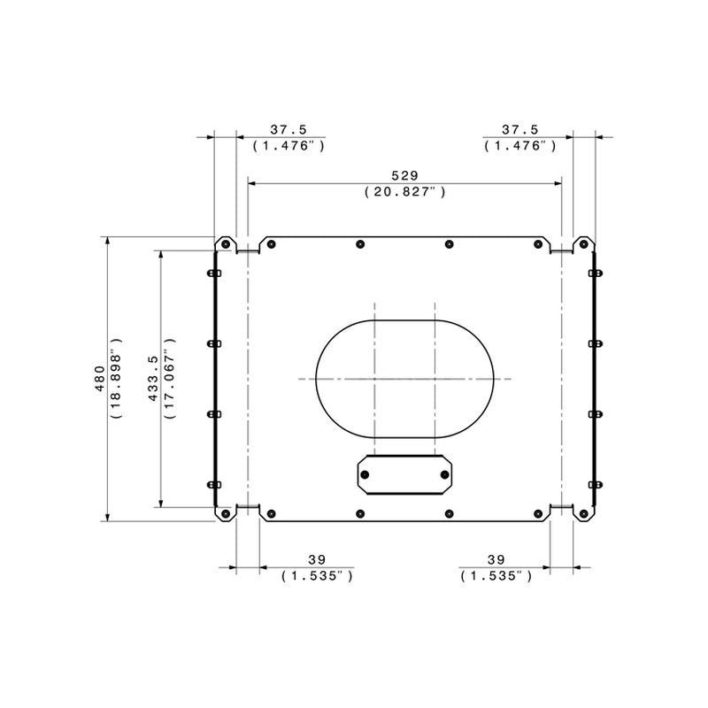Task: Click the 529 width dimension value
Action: coord(404,175)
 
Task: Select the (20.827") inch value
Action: coord(405,192)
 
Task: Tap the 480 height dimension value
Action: coord(100,379)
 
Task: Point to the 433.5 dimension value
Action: coord(153,379)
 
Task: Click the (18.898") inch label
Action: coord(116,379)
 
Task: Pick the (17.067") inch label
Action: coord(169,379)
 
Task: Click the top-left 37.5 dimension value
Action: coord(289,129)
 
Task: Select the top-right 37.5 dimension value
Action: coord(520,129)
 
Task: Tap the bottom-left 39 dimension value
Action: coord(317,560)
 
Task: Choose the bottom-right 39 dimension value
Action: coord(496,560)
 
